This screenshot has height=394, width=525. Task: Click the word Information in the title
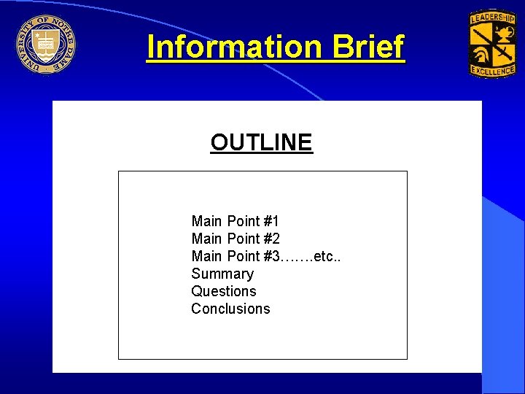(233, 47)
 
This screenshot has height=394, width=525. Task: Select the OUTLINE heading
(261, 142)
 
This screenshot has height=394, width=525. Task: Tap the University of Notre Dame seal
(46, 45)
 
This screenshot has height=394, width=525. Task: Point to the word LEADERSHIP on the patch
(493, 18)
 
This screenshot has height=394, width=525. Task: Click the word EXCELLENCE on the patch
(492, 72)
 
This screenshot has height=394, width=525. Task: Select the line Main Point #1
(235, 221)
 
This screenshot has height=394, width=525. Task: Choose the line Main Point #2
(235, 239)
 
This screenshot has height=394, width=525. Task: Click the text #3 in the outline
(272, 256)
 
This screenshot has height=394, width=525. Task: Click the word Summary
(222, 274)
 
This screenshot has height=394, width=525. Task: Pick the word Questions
(224, 291)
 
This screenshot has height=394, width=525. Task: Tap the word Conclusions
(230, 309)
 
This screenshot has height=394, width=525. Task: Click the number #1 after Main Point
(271, 221)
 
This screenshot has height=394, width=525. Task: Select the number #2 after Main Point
(271, 239)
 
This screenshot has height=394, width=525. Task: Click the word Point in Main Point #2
(244, 239)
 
